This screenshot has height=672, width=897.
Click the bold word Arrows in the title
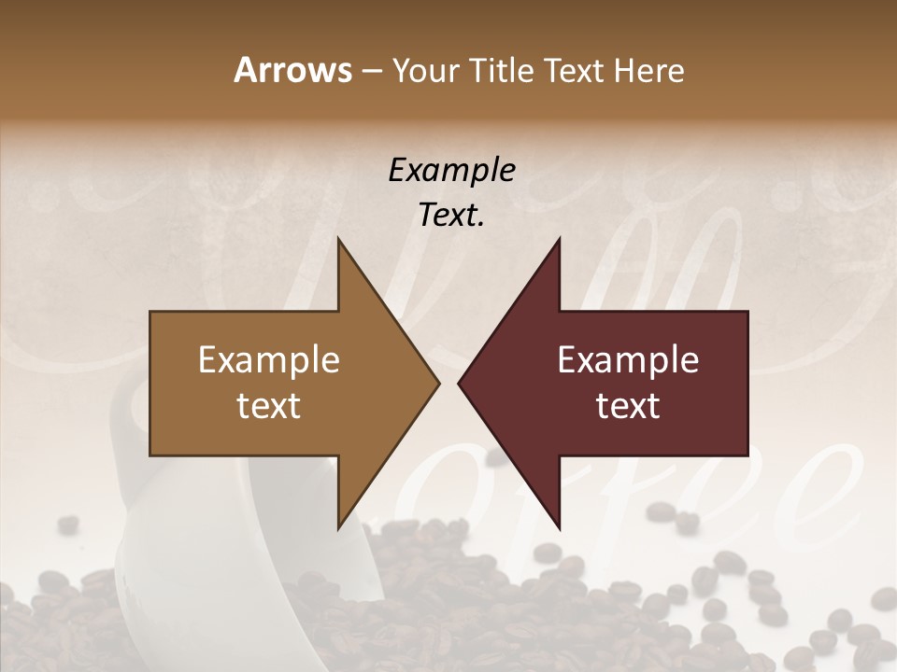tap(292, 70)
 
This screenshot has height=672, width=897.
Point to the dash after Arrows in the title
tap(371, 71)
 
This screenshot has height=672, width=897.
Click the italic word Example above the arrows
tap(451, 170)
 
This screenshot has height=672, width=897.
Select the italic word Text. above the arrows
tap(451, 215)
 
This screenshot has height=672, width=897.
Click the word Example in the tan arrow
tap(269, 360)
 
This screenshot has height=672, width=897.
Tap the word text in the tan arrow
tap(269, 406)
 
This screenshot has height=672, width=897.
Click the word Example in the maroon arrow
tap(628, 360)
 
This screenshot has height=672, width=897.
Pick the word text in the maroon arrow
tap(628, 406)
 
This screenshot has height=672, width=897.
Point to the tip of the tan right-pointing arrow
tap(438, 383)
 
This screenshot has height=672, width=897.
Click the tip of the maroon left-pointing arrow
tap(459, 383)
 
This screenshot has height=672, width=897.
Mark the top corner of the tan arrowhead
tap(338, 239)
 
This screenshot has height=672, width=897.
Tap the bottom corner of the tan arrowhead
tap(338, 528)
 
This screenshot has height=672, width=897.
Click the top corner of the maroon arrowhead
tap(559, 239)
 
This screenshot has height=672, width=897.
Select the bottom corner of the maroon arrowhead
tap(559, 528)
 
